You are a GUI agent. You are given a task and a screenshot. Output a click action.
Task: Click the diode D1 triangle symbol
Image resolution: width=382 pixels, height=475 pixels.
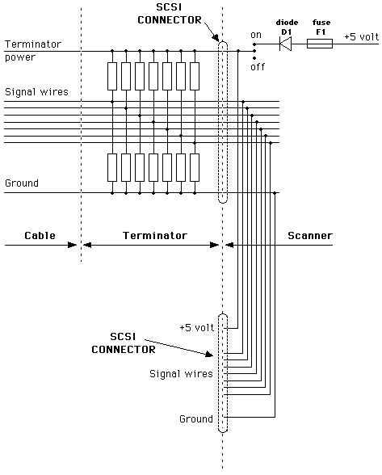coord(285,44)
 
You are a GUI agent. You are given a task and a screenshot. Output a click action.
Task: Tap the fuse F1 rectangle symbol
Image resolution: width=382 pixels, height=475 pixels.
coord(320,44)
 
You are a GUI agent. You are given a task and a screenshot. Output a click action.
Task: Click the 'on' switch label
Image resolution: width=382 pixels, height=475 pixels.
coord(256,35)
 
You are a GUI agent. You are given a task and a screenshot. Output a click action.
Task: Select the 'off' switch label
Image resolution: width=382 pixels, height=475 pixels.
coord(258,66)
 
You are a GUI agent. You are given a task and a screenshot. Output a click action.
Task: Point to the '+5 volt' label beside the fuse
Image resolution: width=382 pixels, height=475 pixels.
coord(361,36)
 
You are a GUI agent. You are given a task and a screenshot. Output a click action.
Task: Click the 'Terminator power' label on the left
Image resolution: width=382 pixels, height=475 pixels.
coord(33,50)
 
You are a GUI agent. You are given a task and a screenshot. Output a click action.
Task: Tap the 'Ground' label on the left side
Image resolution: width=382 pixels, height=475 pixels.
coord(22,183)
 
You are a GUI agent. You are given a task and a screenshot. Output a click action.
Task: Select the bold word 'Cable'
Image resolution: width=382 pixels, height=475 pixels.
coord(40,235)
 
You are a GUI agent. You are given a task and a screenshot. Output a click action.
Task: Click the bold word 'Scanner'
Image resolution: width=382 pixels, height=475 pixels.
coord(310,235)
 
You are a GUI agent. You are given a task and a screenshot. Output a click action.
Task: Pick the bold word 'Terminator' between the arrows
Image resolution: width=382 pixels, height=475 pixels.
coord(155,235)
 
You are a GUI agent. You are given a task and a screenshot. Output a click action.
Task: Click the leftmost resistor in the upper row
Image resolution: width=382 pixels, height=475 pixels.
coord(112,76)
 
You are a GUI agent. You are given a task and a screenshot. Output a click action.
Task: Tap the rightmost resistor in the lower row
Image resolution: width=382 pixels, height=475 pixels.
coord(195,167)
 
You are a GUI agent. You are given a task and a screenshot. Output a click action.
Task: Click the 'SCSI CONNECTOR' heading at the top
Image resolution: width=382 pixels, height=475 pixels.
coord(170,14)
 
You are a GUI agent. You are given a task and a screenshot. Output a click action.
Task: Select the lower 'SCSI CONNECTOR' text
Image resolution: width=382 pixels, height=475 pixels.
coord(124,343)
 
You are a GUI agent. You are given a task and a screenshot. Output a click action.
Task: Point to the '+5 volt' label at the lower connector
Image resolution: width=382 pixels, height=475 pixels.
coord(196,327)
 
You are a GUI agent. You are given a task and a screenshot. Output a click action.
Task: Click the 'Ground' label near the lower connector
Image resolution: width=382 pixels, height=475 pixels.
coord(196,418)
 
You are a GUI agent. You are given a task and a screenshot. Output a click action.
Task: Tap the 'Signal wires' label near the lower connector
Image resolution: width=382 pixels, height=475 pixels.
coord(181,373)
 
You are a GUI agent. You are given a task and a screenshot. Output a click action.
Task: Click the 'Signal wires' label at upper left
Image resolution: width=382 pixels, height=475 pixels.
coord(36,92)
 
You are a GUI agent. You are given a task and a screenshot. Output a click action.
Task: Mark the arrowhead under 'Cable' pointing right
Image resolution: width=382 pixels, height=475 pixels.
coord(73,245)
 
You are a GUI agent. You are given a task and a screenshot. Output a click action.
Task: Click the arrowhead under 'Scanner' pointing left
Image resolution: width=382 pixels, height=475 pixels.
coord(229,245)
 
